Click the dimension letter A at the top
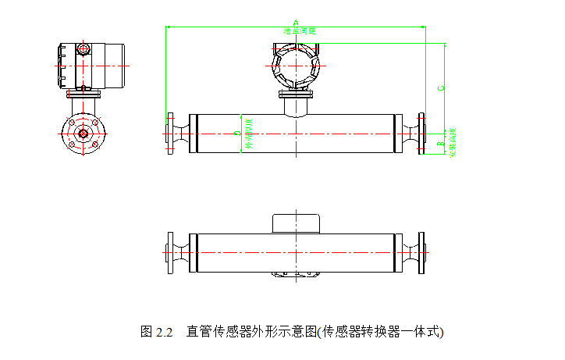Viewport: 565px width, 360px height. tap(295, 23)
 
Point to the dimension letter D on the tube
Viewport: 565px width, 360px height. tap(237, 134)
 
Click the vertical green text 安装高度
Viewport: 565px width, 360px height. tap(451, 142)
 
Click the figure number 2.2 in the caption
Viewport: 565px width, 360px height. tap(163, 331)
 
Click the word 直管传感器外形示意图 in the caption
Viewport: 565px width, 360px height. tap(251, 331)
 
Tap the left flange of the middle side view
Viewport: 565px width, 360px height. tap(170, 134)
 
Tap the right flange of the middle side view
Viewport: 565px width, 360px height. tap(422, 134)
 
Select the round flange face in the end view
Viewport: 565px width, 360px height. tap(83, 133)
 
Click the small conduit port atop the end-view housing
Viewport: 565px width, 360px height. tap(83, 50)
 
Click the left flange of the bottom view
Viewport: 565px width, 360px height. tap(170, 253)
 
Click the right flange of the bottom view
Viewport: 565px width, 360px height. tap(422, 253)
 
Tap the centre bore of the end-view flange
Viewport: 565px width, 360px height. tap(83, 133)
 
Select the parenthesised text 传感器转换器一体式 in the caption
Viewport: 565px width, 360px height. tap(382, 331)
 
